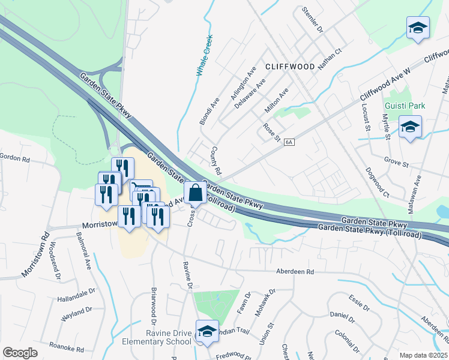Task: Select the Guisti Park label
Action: coord(405,106)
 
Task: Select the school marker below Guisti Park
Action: coord(410,127)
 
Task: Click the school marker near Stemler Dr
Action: coord(418,28)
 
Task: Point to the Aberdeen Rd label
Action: coord(295,272)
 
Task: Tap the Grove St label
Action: coord(396,163)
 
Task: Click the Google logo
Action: coord(20,353)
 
